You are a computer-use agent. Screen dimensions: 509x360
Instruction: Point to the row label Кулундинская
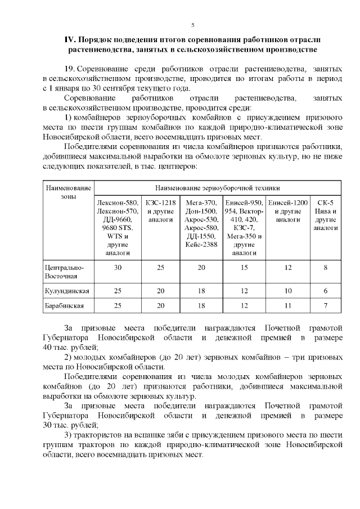pyautogui.click(x=66, y=291)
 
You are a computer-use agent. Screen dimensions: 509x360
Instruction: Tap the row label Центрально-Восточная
pyautogui.click(x=64, y=272)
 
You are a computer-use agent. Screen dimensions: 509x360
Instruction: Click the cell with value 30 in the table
pyautogui.click(x=118, y=268)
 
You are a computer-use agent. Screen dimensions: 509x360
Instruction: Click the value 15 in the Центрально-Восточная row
pyautogui.click(x=244, y=268)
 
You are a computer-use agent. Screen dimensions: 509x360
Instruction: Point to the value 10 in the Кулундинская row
pyautogui.click(x=287, y=291)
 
